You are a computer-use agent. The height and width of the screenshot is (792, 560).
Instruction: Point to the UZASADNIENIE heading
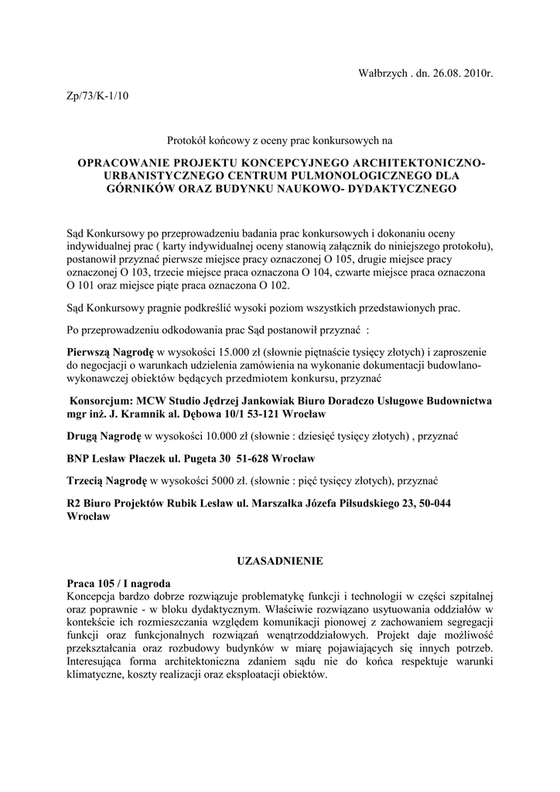[279, 559]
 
